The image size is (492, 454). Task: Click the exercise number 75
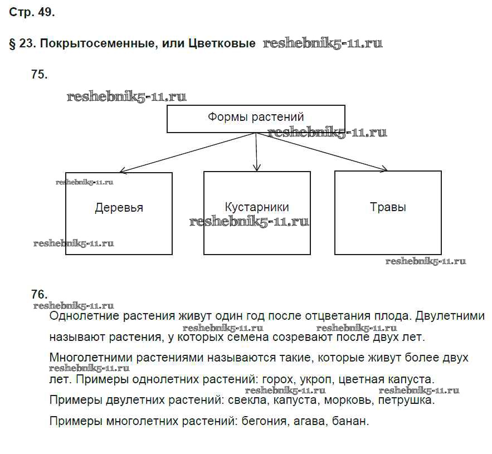40,74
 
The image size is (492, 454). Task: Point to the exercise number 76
40,294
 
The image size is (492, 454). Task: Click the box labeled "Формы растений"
256,119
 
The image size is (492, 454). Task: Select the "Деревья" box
119,213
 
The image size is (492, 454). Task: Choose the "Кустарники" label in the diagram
257,207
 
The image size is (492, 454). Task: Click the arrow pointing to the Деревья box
184,153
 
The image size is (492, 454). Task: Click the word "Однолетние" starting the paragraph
81,316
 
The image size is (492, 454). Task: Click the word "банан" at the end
349,421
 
